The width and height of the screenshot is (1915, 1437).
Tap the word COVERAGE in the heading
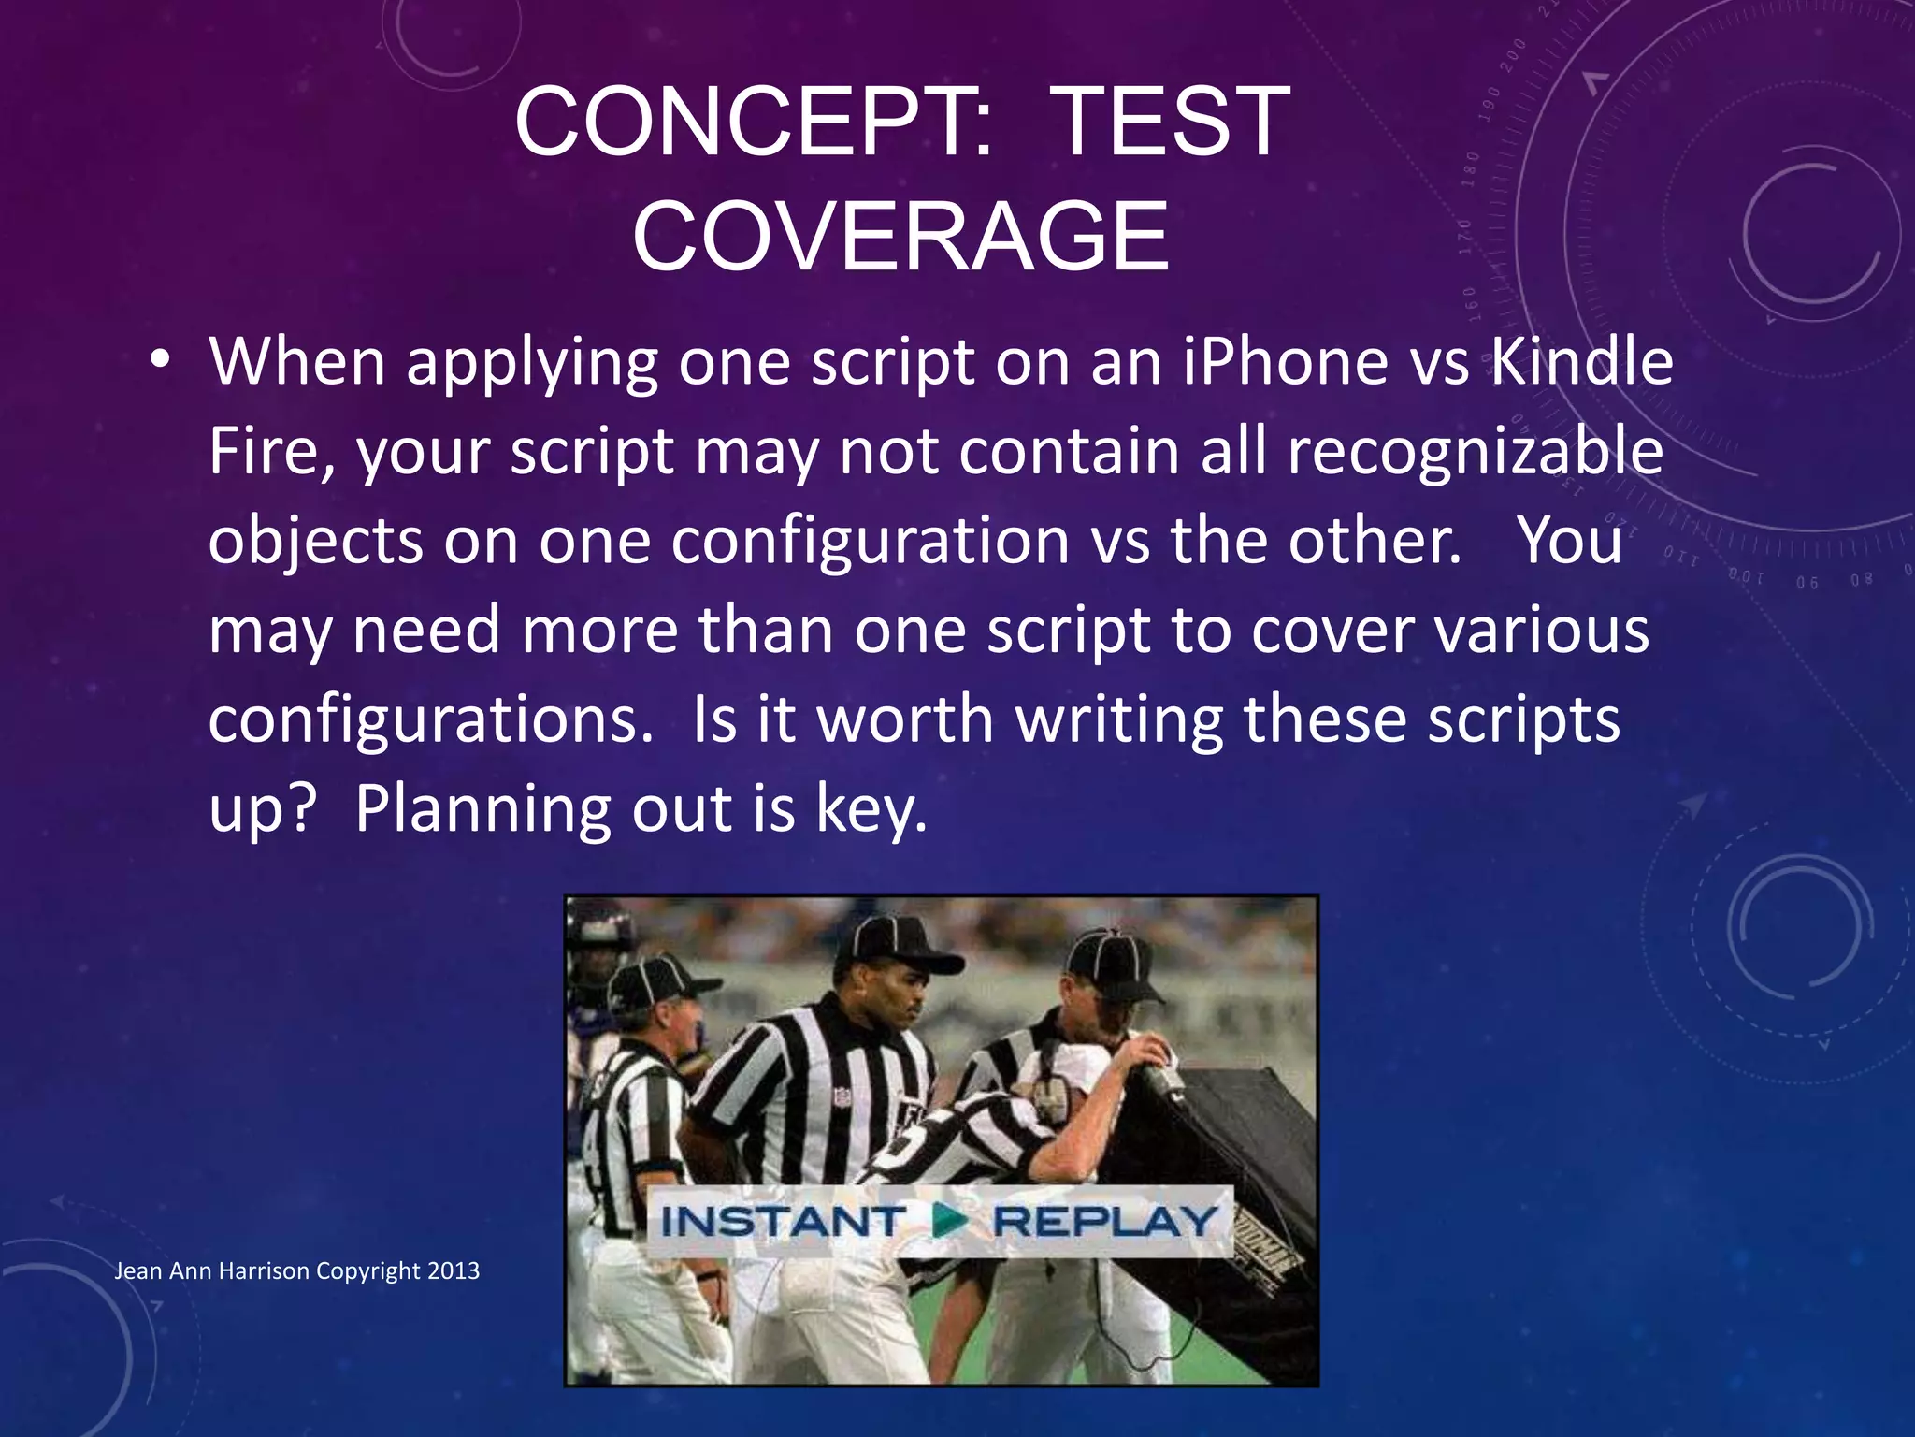tap(900, 236)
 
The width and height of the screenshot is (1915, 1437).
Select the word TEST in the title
tap(1173, 122)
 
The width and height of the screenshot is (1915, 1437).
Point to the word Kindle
tap(1580, 362)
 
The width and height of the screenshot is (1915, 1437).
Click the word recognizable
tap(1475, 453)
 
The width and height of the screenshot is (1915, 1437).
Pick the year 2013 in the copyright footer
tap(454, 1270)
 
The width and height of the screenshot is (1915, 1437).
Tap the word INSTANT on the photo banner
tap(782, 1221)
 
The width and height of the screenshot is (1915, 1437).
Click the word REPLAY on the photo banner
tap(1104, 1221)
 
